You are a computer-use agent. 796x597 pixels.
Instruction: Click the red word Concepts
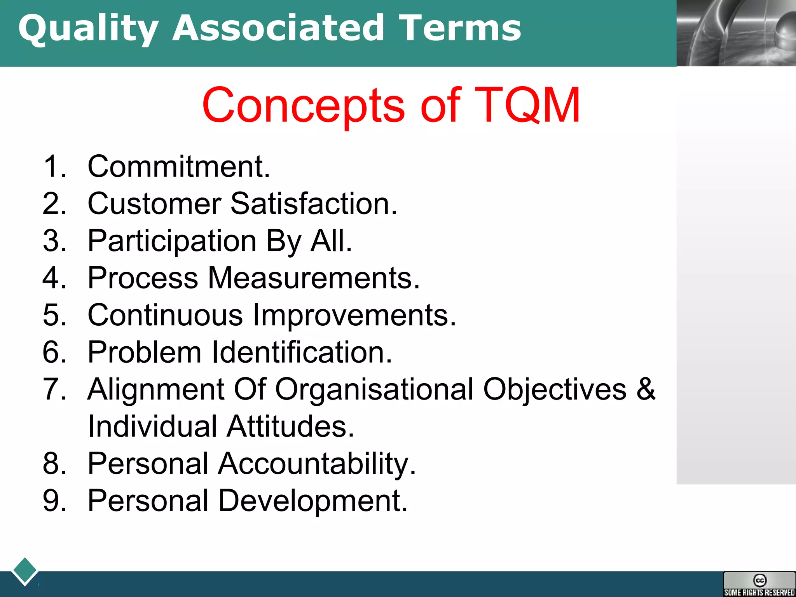coord(303,106)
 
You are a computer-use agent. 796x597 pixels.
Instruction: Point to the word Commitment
coord(178,166)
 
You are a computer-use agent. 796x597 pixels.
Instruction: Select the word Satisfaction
coord(314,203)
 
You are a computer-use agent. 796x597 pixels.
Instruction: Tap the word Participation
coord(172,241)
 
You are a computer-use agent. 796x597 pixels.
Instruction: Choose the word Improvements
coord(354,315)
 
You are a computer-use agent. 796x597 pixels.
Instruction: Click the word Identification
coord(302,352)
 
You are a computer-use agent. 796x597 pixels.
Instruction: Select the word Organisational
coord(374,389)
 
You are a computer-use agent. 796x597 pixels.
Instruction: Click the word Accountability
coord(316,464)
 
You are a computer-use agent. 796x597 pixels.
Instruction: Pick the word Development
coord(312,501)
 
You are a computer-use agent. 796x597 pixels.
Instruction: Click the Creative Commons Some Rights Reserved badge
coord(759,584)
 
